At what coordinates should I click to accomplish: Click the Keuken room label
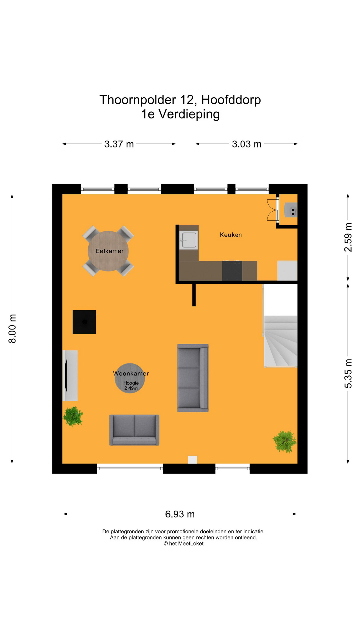[x=231, y=235]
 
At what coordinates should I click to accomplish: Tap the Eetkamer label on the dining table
[x=109, y=251]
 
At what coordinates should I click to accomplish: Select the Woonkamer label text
[x=131, y=373]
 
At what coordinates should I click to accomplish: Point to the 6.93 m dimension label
[x=180, y=514]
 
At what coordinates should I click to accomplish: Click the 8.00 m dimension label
[x=12, y=328]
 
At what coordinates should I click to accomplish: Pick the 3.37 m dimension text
[x=119, y=144]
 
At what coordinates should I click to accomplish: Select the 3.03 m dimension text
[x=247, y=144]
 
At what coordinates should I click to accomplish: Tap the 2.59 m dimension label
[x=348, y=237]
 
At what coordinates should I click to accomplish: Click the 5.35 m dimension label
[x=348, y=374]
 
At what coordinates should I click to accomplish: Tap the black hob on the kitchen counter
[x=232, y=271]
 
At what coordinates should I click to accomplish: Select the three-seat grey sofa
[x=193, y=378]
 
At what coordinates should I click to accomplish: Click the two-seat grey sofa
[x=134, y=430]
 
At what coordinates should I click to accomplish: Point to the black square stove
[x=84, y=322]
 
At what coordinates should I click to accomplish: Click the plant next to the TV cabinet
[x=73, y=416]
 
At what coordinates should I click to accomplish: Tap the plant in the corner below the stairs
[x=284, y=442]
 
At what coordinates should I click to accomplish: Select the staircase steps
[x=281, y=342]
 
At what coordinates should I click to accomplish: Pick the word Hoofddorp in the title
[x=231, y=100]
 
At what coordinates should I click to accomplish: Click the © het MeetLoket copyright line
[x=183, y=543]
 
